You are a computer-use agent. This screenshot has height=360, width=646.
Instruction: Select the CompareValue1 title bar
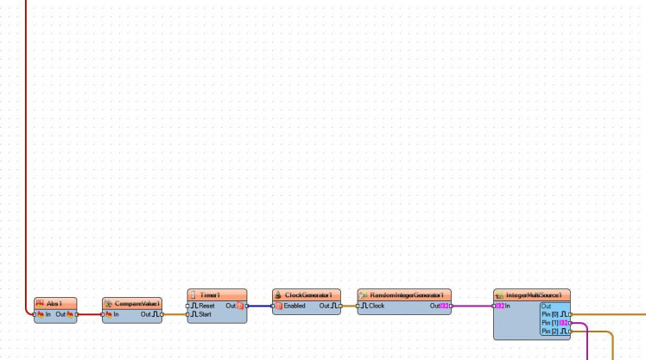[132, 303]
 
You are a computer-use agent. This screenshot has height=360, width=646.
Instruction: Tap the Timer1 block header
[217, 294]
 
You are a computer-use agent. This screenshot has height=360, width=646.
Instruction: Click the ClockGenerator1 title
[307, 294]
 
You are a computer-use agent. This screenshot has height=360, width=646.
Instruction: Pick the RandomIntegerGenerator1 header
[404, 294]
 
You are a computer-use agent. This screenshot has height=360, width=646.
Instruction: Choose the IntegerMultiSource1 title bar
[533, 294]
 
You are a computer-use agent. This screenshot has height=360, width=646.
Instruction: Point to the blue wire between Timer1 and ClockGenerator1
[259, 306]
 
